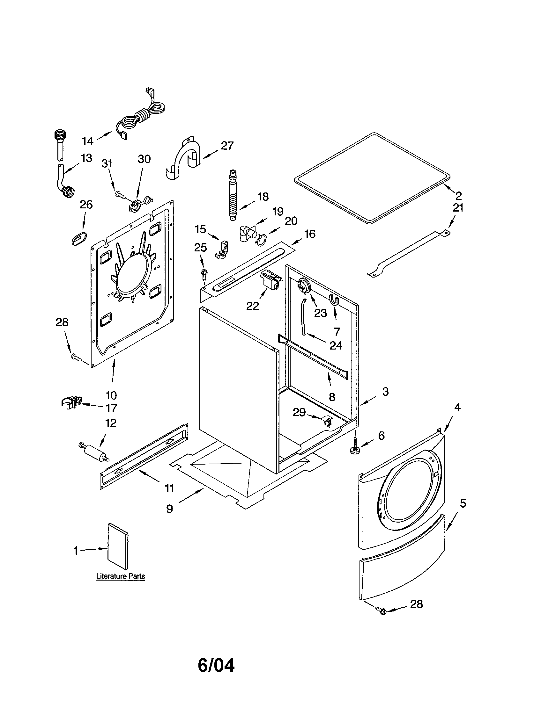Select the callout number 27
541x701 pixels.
point(227,146)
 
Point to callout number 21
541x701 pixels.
point(458,208)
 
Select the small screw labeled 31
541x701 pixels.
point(119,194)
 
